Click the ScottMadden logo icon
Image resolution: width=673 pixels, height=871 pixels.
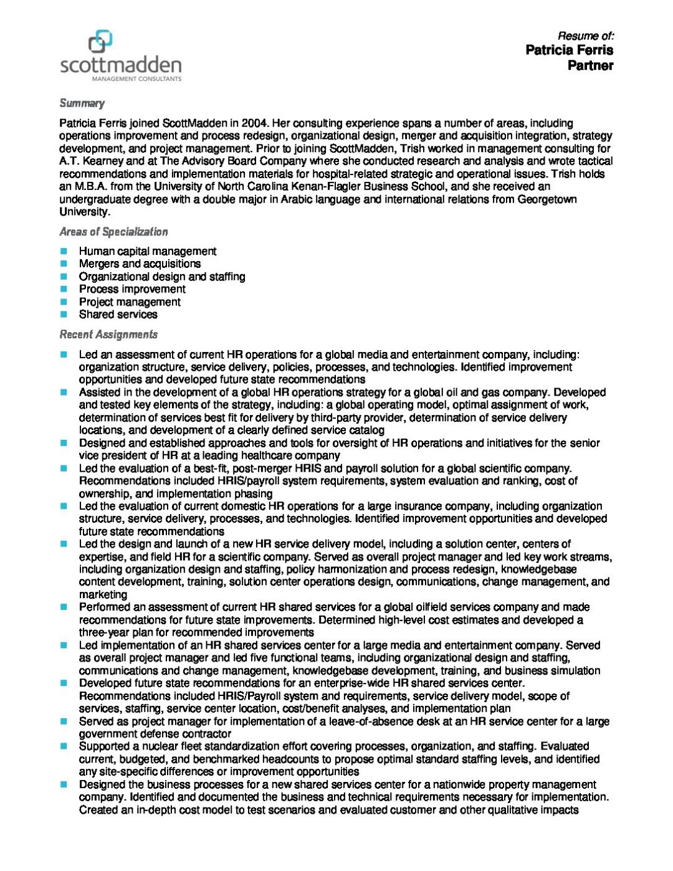tap(100, 41)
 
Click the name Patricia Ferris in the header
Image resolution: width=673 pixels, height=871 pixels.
tap(569, 50)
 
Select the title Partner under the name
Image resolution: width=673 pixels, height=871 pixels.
tap(590, 65)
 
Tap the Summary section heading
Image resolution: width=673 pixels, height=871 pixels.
tap(82, 103)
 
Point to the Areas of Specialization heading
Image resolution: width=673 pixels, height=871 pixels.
tap(113, 232)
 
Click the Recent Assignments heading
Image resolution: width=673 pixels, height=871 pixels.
tap(108, 335)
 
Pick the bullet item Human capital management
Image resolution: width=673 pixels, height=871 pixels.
tap(148, 251)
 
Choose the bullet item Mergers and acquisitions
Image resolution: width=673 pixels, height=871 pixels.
tap(140, 264)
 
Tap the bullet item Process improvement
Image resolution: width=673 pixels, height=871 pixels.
tap(132, 289)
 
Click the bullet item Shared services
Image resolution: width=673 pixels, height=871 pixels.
tap(118, 315)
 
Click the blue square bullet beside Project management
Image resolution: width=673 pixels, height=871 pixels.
tap(64, 302)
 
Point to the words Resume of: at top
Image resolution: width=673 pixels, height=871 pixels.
tap(585, 36)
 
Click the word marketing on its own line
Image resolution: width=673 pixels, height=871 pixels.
tap(102, 594)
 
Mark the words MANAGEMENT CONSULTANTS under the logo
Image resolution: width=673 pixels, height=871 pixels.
tap(136, 79)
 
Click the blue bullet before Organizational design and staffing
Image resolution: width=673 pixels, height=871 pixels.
tap(64, 277)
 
